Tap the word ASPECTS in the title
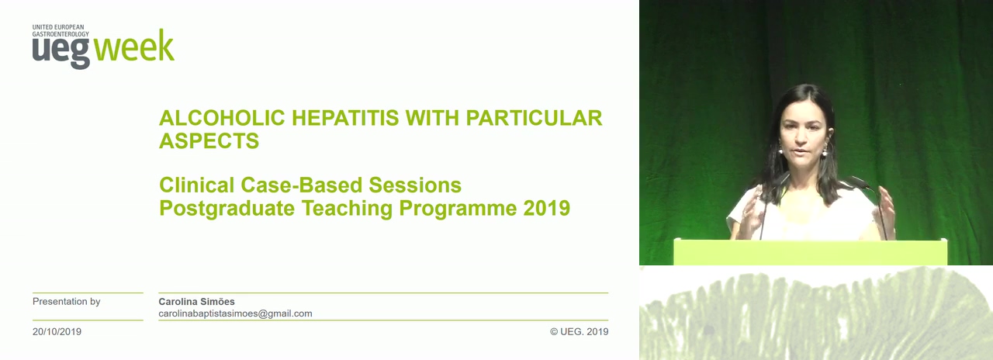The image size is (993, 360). click(209, 141)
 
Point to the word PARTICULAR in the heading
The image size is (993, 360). click(534, 118)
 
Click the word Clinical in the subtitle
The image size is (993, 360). click(196, 185)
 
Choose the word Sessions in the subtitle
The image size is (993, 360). click(415, 185)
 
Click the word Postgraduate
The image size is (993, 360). click(227, 209)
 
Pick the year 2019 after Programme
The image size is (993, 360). click(547, 209)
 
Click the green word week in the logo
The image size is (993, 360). click(134, 46)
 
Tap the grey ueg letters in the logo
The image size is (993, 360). click(61, 52)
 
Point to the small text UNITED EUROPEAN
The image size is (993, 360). click(58, 27)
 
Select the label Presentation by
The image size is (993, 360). click(67, 302)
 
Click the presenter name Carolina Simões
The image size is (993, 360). click(197, 302)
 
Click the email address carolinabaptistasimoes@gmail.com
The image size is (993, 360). click(235, 313)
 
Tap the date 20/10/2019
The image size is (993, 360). click(57, 331)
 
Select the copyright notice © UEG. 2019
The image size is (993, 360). click(579, 331)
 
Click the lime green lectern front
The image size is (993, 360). click(811, 252)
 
